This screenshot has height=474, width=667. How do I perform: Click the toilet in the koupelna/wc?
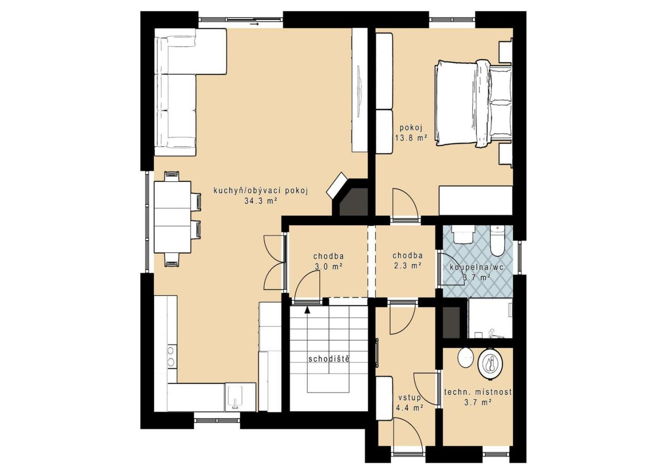point(497,241)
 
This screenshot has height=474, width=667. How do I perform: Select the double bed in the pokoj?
point(474,103)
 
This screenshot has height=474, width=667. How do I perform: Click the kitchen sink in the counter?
point(235,397)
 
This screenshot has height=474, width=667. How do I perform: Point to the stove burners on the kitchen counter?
point(171,355)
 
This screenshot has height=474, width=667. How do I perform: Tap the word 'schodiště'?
point(329,359)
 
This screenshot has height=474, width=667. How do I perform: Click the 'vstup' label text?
point(410,398)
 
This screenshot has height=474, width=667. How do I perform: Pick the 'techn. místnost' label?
point(478,392)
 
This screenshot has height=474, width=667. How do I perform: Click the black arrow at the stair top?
point(307,309)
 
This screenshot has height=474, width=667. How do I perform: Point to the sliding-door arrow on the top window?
point(254,24)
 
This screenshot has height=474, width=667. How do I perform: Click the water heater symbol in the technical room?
point(490,364)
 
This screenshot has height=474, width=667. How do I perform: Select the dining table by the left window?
point(172,217)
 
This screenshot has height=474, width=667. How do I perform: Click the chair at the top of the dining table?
point(172,176)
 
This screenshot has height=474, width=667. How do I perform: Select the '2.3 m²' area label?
point(407,266)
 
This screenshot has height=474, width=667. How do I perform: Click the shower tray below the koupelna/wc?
point(490,318)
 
